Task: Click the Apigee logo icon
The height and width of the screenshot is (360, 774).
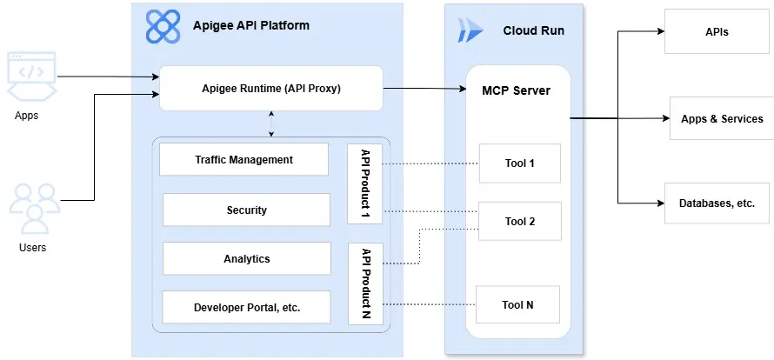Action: pos(163,27)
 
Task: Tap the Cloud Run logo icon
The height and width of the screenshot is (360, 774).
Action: pos(470,30)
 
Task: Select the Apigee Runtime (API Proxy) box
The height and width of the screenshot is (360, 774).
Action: pos(271,88)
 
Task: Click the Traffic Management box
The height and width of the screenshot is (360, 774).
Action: pos(244,160)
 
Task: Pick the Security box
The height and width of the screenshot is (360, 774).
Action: pos(246,210)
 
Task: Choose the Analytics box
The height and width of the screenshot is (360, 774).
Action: pos(246,258)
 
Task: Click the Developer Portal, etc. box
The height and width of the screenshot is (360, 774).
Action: pos(246,307)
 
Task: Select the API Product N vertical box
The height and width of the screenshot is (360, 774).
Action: pos(364,282)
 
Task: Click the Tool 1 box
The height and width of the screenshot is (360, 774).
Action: pos(519,163)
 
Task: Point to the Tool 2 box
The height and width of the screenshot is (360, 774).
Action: pos(519,221)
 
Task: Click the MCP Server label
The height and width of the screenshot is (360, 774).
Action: pos(516,90)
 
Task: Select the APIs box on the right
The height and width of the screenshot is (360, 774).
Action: pos(717,31)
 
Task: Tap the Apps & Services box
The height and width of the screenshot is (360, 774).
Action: pos(721,118)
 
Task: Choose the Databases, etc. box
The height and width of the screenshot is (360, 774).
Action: pos(717,203)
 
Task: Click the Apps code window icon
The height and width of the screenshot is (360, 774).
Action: pos(31,74)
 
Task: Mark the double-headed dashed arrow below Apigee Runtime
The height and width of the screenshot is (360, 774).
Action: pos(272,123)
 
